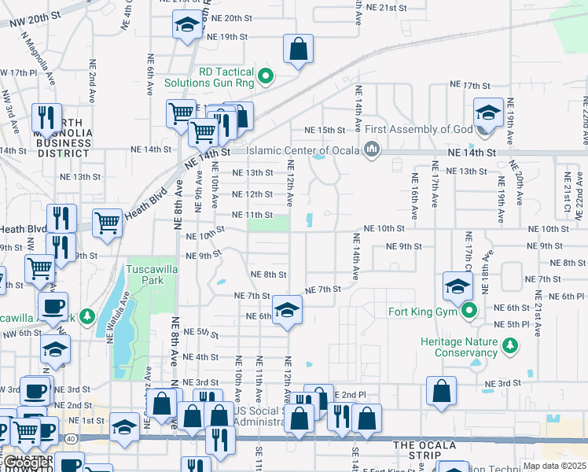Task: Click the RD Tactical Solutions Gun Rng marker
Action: [x=266, y=76]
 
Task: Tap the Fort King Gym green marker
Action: [x=470, y=311]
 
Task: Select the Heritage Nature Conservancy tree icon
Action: [x=510, y=343]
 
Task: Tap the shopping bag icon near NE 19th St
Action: [x=299, y=50]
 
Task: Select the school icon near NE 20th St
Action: [x=187, y=26]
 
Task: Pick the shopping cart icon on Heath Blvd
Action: [x=107, y=223]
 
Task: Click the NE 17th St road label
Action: [x=470, y=85]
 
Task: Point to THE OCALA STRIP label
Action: [x=425, y=445]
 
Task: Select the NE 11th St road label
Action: [x=252, y=215]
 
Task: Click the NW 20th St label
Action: [x=36, y=16]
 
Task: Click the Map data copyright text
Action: [x=554, y=466]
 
